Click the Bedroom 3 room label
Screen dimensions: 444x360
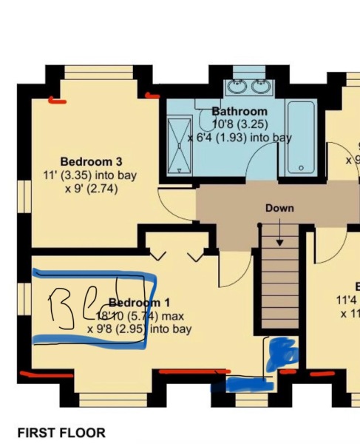91,161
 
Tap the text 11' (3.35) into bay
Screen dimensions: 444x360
90,175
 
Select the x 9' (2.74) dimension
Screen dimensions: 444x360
90,189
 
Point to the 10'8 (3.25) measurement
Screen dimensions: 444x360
240,124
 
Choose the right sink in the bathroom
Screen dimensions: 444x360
260,87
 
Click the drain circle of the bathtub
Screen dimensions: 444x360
301,169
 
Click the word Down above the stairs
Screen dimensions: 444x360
279,208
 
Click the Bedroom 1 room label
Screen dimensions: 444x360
139,303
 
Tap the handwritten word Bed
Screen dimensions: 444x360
74,307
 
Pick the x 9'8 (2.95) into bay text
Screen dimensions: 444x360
139,329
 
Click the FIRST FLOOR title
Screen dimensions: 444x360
61,432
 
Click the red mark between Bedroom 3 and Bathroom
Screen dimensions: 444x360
153,95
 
